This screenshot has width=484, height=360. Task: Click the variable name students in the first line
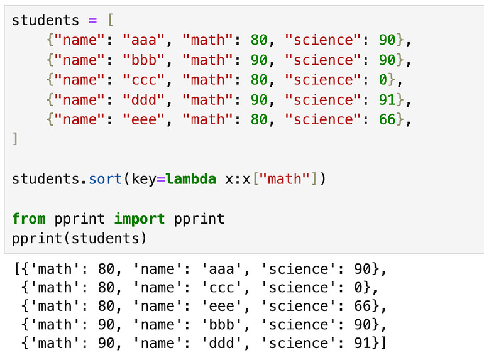point(46,20)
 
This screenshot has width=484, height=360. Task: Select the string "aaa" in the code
point(148,40)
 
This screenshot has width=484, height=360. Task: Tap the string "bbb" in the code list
point(148,60)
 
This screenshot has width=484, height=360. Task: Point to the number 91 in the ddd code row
point(387,99)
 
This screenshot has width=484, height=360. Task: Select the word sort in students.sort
point(106,178)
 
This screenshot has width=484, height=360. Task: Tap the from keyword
point(29,219)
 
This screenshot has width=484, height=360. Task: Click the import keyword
point(140,219)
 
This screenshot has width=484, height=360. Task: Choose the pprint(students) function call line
point(79,238)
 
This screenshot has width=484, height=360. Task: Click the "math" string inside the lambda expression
point(285,178)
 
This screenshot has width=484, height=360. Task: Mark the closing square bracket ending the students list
point(16,138)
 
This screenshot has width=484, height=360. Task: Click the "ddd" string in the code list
point(148,99)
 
